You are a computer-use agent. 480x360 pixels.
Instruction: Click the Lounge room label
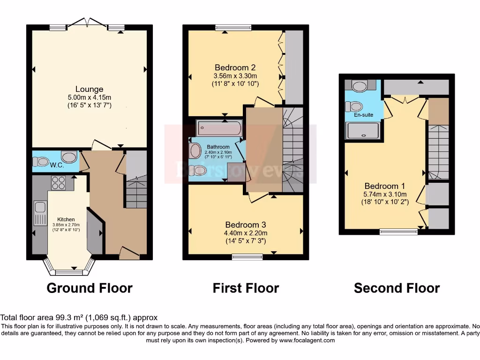(89, 89)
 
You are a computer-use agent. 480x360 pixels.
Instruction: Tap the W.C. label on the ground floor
(57, 165)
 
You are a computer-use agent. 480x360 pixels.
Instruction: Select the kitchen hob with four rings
(58, 182)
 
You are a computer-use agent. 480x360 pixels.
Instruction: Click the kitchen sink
(39, 212)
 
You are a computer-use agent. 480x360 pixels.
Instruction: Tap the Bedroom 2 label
(235, 67)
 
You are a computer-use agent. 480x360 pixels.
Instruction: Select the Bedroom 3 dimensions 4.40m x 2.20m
(246, 233)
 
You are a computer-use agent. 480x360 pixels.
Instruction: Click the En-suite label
(363, 114)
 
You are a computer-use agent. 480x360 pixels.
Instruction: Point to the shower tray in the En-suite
(363, 131)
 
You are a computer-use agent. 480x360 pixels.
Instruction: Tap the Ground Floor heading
(90, 288)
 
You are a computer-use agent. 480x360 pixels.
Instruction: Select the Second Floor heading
(397, 288)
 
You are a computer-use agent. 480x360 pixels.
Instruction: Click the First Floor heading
(246, 288)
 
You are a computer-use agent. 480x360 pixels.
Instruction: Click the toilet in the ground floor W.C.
(41, 162)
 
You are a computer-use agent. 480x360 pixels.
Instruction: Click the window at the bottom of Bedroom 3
(247, 256)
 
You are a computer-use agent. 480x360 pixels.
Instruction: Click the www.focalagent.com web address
(307, 340)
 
